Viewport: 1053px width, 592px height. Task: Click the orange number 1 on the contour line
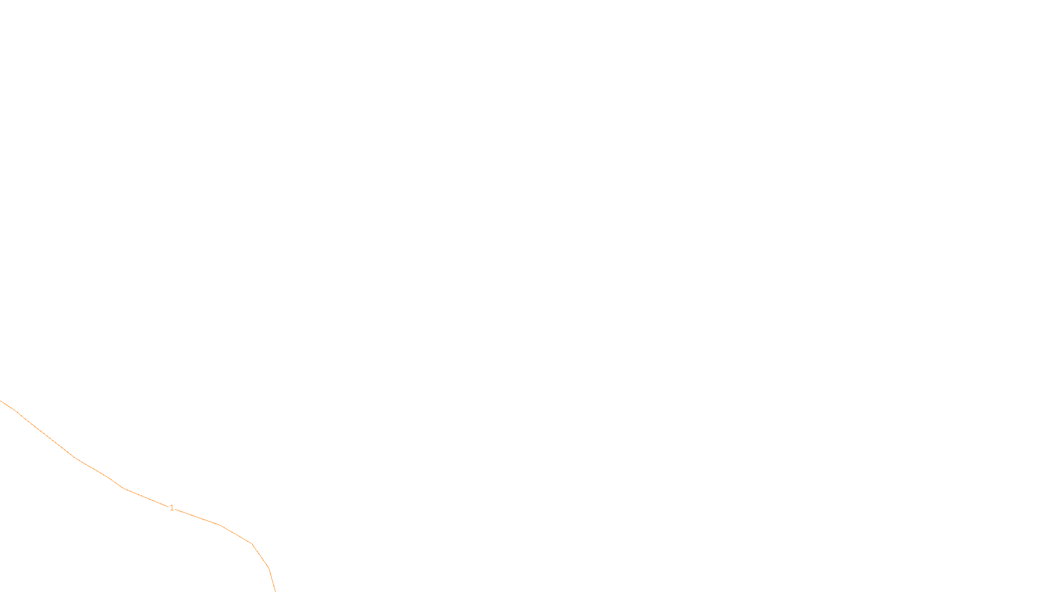[172, 508]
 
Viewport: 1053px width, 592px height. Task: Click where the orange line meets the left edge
[1, 401]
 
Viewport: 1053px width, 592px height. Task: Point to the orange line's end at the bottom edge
[274, 590]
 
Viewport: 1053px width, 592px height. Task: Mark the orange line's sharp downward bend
[252, 544]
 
